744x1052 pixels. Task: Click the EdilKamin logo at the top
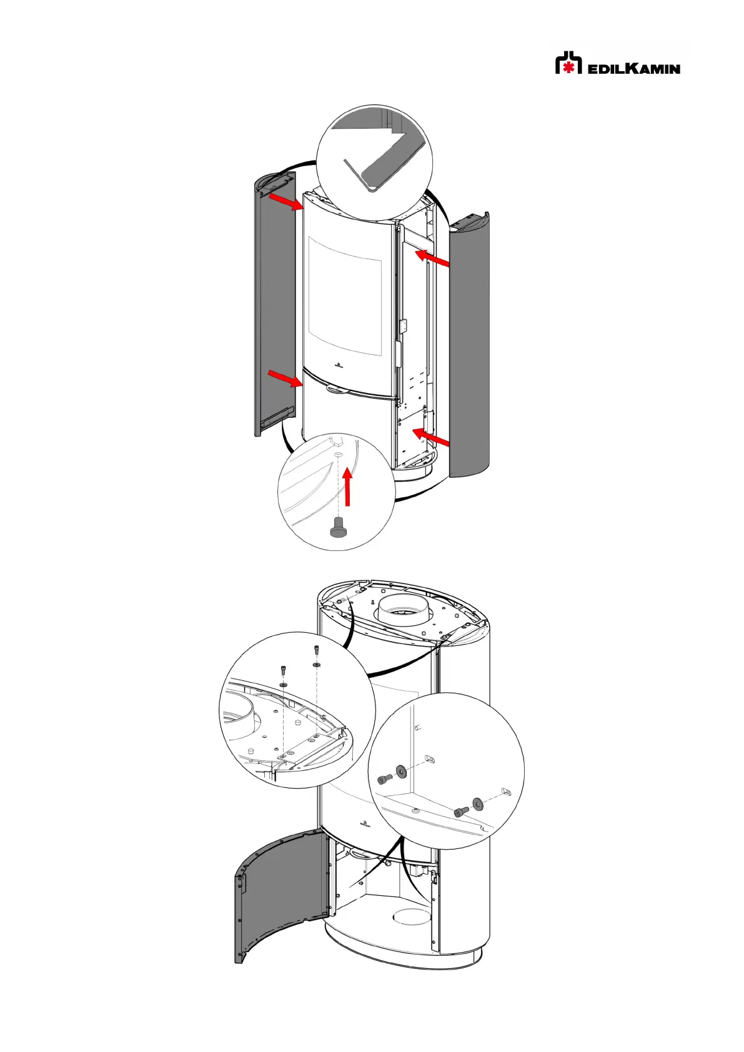[618, 63]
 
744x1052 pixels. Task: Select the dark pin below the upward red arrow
[338, 527]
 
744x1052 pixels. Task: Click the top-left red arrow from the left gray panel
[285, 202]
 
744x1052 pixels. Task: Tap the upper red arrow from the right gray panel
[432, 258]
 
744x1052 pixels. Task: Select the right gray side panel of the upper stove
[470, 345]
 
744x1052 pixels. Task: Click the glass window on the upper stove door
[344, 296]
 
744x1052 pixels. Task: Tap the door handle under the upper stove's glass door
[342, 389]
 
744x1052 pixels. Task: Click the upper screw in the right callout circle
[384, 780]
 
